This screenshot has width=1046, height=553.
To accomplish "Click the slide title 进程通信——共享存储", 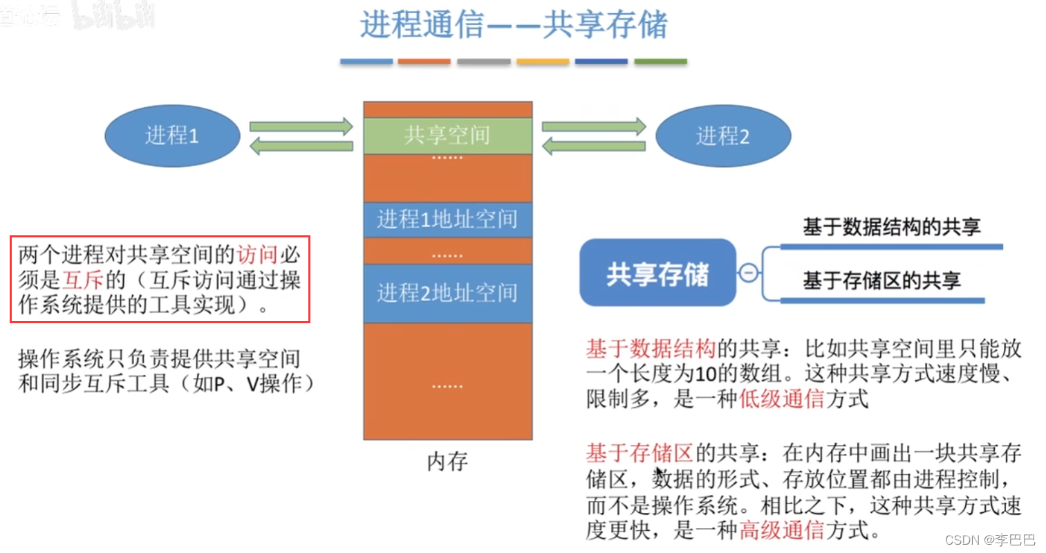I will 514,25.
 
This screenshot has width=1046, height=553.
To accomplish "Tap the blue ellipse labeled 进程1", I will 172,136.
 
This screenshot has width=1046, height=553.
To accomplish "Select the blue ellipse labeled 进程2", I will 722,136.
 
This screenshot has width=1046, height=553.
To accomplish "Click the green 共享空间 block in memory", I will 447,135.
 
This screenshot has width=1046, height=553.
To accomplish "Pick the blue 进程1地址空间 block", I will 447,219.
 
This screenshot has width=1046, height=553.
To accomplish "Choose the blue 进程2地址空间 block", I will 447,293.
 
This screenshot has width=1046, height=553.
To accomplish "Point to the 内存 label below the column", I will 447,461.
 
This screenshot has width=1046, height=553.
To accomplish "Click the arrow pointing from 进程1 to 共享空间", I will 301,127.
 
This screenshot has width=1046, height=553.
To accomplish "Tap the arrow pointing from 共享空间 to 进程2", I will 593,127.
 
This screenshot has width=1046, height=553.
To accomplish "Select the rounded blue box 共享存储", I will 657,273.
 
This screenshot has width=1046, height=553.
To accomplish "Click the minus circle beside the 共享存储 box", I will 748,273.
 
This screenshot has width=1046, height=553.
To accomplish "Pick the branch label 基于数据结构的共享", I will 891,227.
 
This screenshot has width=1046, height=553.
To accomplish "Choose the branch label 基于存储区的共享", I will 881,280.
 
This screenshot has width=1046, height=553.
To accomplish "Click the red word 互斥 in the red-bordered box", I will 83,280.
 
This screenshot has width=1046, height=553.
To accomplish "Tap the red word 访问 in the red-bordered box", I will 257,255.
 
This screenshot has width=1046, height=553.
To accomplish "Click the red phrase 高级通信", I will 781,530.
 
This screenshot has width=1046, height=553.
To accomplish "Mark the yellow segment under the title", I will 543,62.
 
